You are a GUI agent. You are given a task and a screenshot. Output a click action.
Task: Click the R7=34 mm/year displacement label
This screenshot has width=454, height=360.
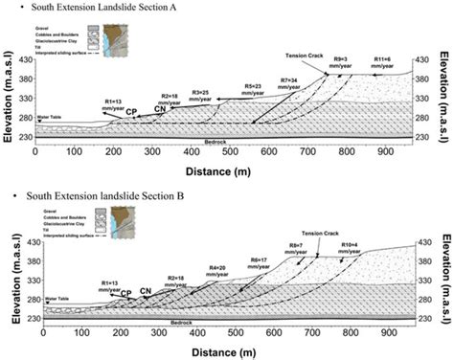pos(288,79)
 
